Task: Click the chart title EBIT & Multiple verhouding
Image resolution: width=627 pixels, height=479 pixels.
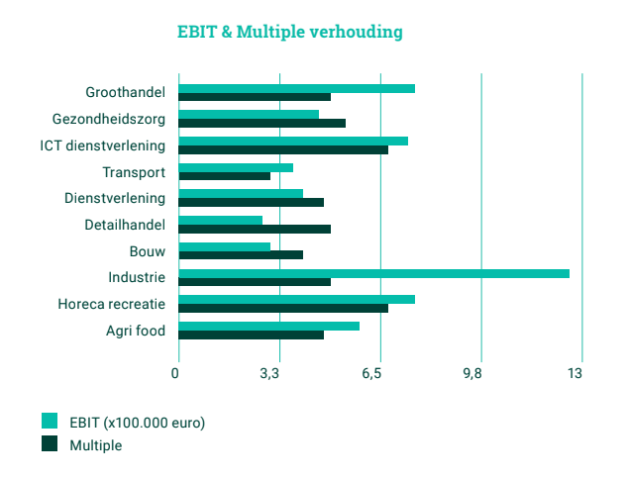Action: (x=289, y=32)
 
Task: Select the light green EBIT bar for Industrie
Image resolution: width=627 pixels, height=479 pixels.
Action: (x=373, y=273)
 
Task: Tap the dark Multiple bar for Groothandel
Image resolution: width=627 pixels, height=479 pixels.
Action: (x=255, y=97)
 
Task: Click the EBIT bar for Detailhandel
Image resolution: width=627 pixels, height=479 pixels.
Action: (x=220, y=221)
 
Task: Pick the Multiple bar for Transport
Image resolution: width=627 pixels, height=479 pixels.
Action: (x=224, y=176)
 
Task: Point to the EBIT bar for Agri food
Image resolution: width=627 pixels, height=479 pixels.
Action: (x=268, y=326)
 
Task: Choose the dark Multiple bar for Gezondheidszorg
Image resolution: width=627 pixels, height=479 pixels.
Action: (x=261, y=124)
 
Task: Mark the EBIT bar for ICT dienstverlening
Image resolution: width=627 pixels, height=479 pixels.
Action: (x=293, y=141)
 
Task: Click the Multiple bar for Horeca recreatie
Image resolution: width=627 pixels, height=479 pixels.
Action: (x=283, y=309)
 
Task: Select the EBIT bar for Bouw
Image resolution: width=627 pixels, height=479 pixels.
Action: (x=224, y=246)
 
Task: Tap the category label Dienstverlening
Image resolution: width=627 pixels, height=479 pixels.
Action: (x=115, y=198)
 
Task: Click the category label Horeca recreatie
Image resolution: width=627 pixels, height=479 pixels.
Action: (x=111, y=304)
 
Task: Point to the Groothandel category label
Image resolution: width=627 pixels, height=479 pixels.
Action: (x=126, y=93)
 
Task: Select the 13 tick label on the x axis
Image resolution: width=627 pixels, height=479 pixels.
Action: (x=575, y=374)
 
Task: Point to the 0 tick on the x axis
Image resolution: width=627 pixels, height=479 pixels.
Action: (x=175, y=374)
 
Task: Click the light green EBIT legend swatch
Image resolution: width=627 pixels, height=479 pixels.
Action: (x=50, y=421)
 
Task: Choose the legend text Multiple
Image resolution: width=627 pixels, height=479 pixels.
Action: (x=96, y=445)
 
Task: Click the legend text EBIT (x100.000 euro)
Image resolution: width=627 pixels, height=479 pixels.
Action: (x=138, y=422)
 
